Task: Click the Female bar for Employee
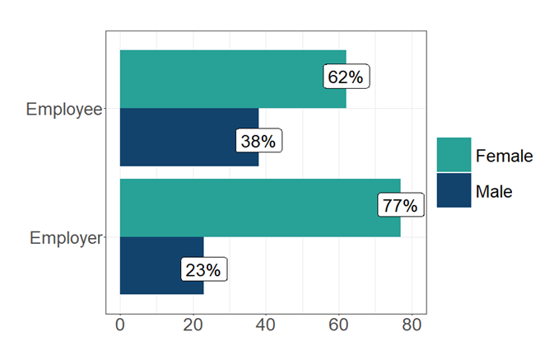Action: pyautogui.click(x=222, y=79)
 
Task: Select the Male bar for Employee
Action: pyautogui.click(x=181, y=137)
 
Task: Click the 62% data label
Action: pyautogui.click(x=345, y=77)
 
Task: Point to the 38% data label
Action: pyautogui.click(x=258, y=141)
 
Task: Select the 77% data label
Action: pyautogui.click(x=400, y=205)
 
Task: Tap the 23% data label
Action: pyautogui.click(x=202, y=269)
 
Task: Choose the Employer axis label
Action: pyautogui.click(x=65, y=238)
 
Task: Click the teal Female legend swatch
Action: pyautogui.click(x=454, y=155)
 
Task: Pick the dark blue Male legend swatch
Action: pyautogui.click(x=454, y=190)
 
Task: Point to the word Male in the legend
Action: pyautogui.click(x=494, y=191)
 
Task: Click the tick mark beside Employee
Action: pyautogui.click(x=104, y=109)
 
